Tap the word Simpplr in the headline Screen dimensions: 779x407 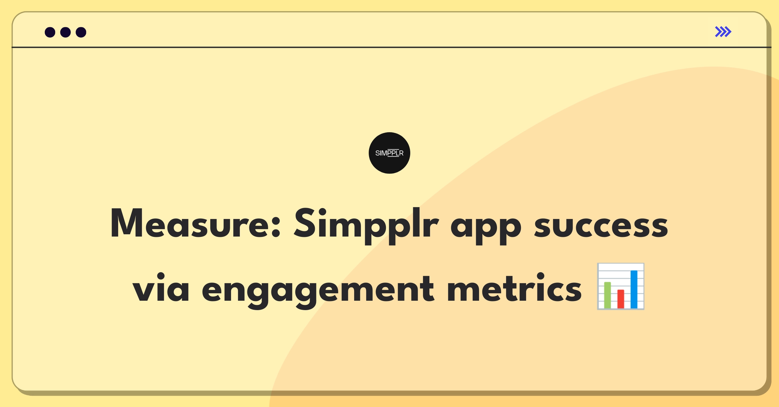tap(366, 225)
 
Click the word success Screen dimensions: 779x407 tap(601, 226)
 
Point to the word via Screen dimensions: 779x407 tap(161, 287)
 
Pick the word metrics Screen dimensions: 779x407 tap(514, 287)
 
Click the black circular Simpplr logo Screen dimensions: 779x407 tap(389, 153)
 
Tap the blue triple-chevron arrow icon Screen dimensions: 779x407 tap(723, 32)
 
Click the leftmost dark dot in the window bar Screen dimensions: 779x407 tap(50, 32)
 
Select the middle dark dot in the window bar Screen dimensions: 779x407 tap(66, 32)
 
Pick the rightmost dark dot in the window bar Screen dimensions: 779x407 tap(81, 32)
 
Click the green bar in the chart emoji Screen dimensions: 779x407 tap(608, 295)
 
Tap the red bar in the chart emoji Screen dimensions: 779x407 tap(621, 299)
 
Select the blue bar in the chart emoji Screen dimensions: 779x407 tap(634, 289)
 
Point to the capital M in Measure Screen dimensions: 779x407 tap(127, 223)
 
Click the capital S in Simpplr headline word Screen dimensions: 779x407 tap(305, 223)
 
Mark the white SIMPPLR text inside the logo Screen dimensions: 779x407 tap(389, 153)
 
